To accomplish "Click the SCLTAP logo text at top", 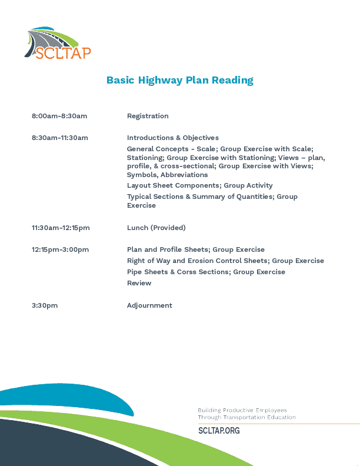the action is tap(63, 53).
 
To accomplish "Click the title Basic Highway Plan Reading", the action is tap(179, 80).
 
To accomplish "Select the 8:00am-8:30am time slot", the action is tap(59, 116).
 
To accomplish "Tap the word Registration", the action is tap(148, 116).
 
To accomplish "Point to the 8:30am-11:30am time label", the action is tap(60, 138).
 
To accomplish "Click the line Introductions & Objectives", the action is tap(173, 138).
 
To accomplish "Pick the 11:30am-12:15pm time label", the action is tap(61, 228).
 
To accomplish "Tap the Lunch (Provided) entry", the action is tap(156, 228).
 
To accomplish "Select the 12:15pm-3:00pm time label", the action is tap(60, 249).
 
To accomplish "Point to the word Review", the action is tap(139, 283).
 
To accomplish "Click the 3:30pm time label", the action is tap(45, 305).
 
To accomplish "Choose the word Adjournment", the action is tap(149, 305).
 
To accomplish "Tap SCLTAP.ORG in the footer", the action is tap(219, 431).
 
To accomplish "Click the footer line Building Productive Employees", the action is tap(242, 410).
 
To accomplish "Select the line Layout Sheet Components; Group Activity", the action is tap(200, 185).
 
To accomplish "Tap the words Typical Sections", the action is tap(155, 197).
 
